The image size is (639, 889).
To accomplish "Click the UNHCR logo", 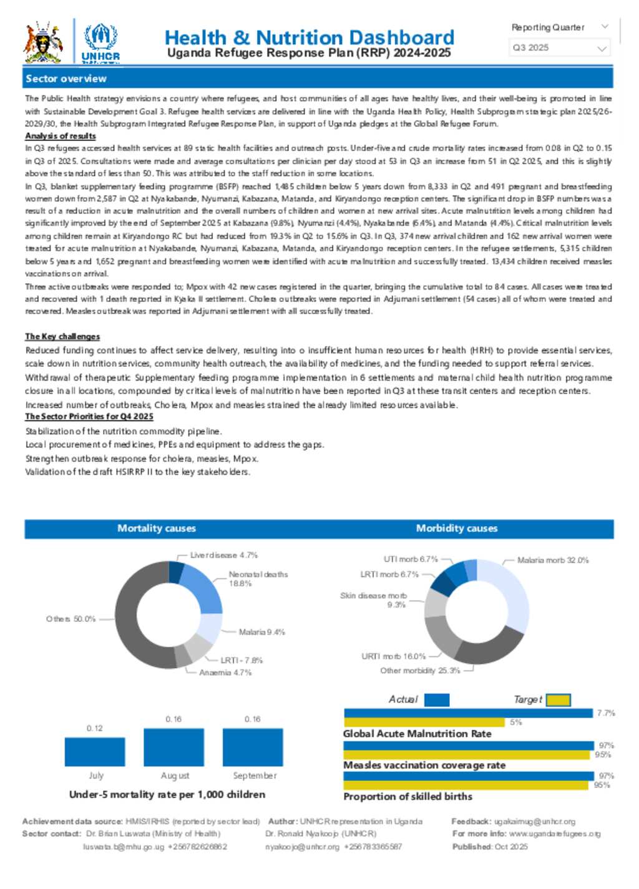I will tap(100, 42).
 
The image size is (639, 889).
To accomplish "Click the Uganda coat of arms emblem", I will tap(42, 42).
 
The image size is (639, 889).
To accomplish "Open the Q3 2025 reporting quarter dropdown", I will tap(559, 48).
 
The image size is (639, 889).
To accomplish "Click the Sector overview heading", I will tap(66, 79).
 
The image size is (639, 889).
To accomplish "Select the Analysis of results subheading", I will tap(61, 136).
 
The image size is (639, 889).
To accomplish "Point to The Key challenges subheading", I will tap(62, 336).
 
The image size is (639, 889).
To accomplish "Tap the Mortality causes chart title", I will tap(157, 528).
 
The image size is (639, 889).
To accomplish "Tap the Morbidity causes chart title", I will tap(457, 528).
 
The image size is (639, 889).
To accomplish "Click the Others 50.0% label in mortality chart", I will tap(71, 619).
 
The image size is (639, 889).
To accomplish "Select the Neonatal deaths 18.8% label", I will tap(258, 579).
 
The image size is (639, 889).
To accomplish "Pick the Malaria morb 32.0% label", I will tap(553, 560).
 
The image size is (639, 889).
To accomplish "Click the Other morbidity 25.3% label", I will tap(420, 671).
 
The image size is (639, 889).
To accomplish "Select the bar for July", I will tap(95, 752).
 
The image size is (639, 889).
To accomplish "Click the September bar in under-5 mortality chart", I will tap(253, 747).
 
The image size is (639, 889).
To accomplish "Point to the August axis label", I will tap(175, 775).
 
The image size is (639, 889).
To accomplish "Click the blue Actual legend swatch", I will tap(437, 700).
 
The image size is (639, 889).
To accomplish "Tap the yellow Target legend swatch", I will tap(559, 700).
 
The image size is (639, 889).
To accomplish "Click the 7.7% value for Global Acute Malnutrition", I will tap(606, 713).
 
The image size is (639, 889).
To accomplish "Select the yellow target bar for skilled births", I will tap(466, 785).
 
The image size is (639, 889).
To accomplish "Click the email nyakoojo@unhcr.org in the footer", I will tap(303, 847).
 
